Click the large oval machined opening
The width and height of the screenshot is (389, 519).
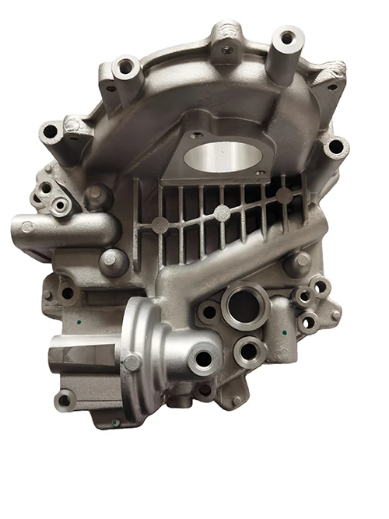pos(223,155)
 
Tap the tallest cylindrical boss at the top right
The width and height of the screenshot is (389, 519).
pos(287,37)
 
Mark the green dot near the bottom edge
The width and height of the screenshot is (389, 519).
pos(114,422)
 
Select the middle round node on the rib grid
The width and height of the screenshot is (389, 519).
pos(222,212)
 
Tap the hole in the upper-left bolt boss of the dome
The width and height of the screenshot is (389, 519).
pos(125,69)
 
